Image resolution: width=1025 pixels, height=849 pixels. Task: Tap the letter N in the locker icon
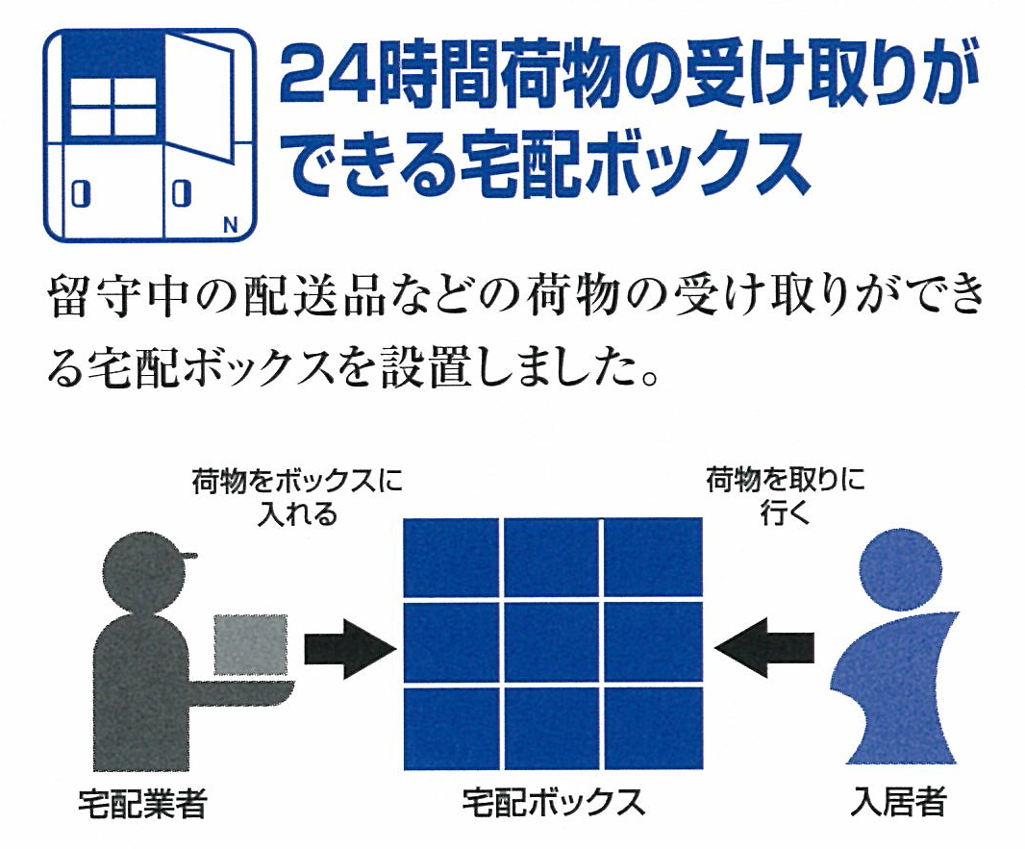230,226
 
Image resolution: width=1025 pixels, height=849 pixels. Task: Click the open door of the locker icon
199,97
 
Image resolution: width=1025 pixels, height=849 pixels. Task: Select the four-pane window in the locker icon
112,107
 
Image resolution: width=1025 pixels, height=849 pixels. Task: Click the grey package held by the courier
251,644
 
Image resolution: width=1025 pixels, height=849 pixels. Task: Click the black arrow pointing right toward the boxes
350,648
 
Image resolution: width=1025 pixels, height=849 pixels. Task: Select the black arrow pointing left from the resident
764,648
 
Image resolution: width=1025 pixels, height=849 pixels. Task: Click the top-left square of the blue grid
451,558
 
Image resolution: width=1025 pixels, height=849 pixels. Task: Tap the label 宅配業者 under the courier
142,803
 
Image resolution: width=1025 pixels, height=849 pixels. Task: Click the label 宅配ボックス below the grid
553,802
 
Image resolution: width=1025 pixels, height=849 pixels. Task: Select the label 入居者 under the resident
898,802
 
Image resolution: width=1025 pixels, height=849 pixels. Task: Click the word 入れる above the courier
297,513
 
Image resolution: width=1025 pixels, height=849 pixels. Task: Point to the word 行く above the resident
785,512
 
